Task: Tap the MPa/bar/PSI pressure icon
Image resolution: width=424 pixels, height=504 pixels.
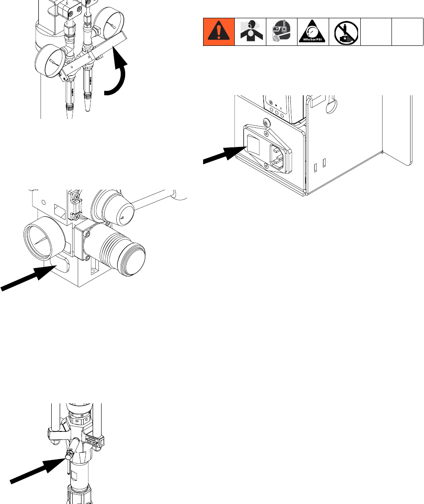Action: point(313,32)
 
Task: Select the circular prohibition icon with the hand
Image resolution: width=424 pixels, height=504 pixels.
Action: point(344,32)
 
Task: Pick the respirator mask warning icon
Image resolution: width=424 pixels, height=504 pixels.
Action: point(281,32)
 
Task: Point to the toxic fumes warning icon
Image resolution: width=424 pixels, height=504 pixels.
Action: point(250,32)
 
